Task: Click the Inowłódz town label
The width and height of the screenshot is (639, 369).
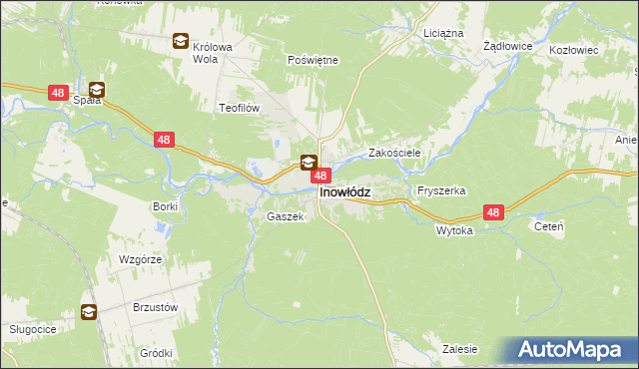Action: [x=344, y=193]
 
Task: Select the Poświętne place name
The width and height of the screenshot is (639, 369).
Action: [x=313, y=60]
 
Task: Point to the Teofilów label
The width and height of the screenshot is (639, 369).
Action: [x=240, y=107]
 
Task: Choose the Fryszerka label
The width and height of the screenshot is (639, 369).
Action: [x=442, y=189]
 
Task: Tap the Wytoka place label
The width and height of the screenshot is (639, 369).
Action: [x=454, y=229]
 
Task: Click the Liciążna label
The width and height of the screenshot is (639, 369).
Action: [x=443, y=33]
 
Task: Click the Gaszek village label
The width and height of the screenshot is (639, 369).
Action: [x=284, y=216]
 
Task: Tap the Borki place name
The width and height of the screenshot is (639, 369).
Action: [x=165, y=206]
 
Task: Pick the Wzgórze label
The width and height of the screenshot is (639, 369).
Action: [x=140, y=258]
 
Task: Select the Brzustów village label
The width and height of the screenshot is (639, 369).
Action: [x=155, y=308]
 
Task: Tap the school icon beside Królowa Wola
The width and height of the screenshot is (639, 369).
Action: [x=180, y=41]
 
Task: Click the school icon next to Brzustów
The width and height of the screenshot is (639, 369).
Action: [x=89, y=312]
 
